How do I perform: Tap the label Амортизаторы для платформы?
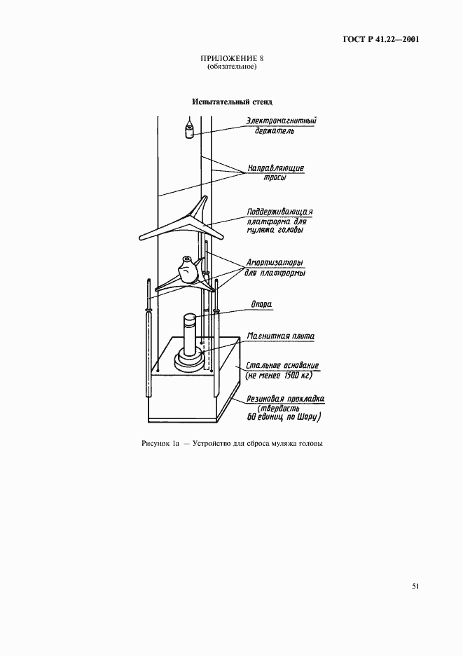(x=274, y=267)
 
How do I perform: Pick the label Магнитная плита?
(x=278, y=336)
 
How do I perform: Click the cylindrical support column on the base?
(x=190, y=334)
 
